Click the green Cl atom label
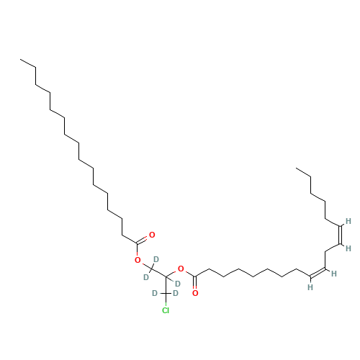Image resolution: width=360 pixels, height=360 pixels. tap(166, 310)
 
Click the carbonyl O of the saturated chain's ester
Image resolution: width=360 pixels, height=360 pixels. tap(152, 235)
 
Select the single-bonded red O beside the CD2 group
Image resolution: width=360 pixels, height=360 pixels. tap(138, 260)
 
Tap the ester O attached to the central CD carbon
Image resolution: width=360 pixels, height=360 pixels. tap(181, 269)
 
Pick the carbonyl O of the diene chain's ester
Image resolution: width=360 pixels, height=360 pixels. tap(195, 293)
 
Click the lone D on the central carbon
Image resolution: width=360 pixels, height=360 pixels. tap(178, 284)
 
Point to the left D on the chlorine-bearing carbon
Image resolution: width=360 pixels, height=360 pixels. tap(155, 293)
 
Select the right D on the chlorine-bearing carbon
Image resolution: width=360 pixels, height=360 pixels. tap(176, 293)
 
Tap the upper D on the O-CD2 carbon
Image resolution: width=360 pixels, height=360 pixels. tap(156, 259)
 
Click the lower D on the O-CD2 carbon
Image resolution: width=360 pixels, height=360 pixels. tap(146, 277)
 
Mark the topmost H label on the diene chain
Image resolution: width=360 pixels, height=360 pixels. tap(348, 221)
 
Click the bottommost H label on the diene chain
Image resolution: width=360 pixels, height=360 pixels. tap(310, 287)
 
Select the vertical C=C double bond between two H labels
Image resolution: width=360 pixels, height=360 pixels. tap(340, 235)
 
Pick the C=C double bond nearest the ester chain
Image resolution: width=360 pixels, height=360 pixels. tap(318, 273)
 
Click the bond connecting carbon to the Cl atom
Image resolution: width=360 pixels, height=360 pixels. tap(166, 300)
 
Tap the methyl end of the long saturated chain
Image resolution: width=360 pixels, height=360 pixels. tap(20, 59)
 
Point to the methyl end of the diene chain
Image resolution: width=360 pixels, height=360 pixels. tap(296, 168)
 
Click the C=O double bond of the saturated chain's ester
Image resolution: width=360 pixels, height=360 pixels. tap(142, 240)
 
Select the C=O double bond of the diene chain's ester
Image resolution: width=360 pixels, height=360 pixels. tap(196, 282)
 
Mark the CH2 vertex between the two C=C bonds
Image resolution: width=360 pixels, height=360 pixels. tap(325, 251)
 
